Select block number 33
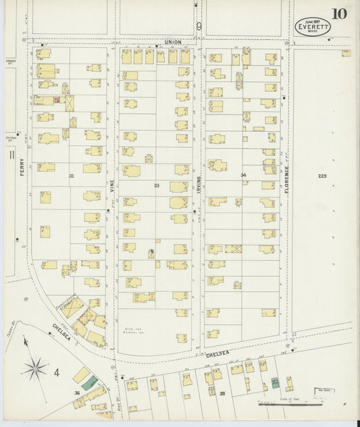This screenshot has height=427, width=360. [x=156, y=184]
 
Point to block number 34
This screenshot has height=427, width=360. [x=243, y=175]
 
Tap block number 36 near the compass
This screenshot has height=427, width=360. [x=77, y=393]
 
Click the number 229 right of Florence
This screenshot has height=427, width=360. [x=322, y=176]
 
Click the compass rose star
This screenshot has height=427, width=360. [x=34, y=368]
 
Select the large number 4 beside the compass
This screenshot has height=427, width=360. [x=57, y=372]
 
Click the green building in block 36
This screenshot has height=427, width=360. [x=89, y=382]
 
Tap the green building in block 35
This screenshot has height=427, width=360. [x=274, y=382]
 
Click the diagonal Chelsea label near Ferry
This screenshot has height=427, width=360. [x=61, y=332]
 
